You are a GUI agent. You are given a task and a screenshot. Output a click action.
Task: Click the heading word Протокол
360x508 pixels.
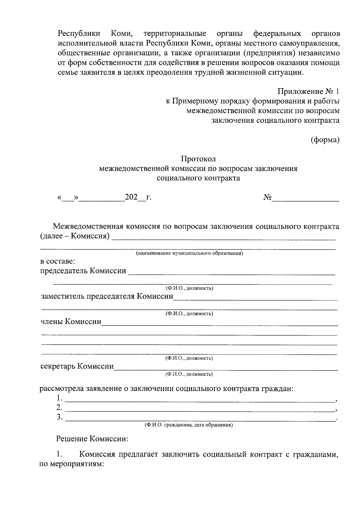coord(198,159)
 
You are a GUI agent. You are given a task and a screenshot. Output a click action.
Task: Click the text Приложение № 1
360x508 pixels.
coord(309,91)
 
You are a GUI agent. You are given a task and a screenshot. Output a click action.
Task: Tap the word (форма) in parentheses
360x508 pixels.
coord(325,140)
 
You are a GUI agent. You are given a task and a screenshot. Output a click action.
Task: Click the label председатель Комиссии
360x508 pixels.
coord(83,271)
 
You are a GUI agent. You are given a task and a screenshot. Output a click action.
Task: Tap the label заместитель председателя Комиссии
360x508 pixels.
coord(107,296)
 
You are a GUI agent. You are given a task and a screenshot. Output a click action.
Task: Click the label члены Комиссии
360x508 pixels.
coord(71,322)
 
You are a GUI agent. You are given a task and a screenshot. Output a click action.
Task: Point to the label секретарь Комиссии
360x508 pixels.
coord(77,366)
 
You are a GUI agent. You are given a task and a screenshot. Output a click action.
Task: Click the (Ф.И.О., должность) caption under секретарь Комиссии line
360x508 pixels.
coord(189,374)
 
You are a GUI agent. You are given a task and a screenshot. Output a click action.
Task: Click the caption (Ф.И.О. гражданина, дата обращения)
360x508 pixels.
coord(189,425)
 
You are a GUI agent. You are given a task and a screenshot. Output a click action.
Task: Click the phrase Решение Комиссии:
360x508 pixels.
coord(92,439)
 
